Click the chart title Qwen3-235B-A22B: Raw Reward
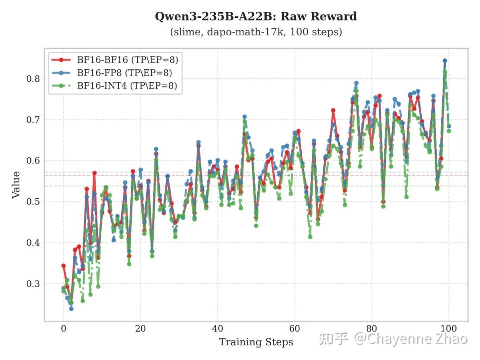[256, 17]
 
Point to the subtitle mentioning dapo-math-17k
[256, 32]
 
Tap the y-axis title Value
[16, 184]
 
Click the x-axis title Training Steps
[256, 342]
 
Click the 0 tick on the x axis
[64, 329]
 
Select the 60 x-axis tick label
[295, 329]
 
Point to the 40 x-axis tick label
[218, 329]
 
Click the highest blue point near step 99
[445, 60]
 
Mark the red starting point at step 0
[64, 266]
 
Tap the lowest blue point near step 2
[71, 308]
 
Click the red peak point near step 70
[333, 110]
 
